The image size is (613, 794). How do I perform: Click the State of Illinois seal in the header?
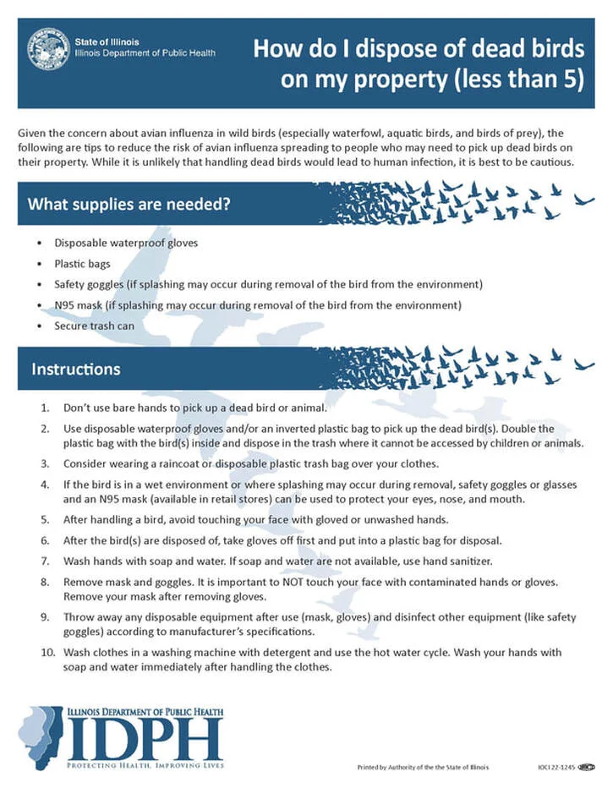pos(47,48)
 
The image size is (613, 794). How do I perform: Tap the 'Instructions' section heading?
pos(75,370)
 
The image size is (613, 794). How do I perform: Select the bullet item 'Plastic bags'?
pos(82,264)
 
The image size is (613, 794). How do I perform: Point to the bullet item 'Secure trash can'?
pos(94,325)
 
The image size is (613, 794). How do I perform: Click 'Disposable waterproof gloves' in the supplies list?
pos(126,243)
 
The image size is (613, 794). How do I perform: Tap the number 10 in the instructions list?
pos(47,652)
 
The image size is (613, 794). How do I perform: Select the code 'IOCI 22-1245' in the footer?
pos(555,767)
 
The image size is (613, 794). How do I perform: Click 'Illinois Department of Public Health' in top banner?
pos(145,52)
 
